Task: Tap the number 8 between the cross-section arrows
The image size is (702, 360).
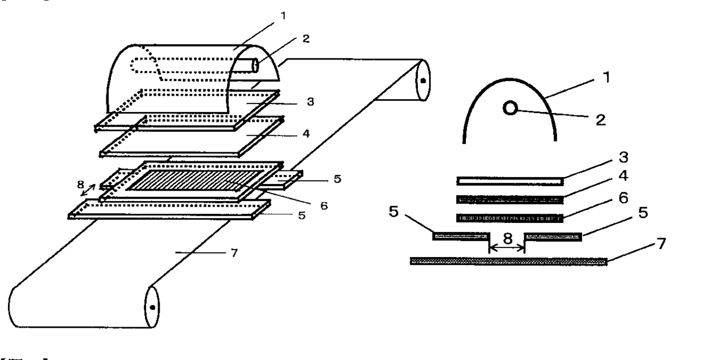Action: [506, 239]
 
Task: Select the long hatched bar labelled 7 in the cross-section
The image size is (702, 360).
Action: [508, 261]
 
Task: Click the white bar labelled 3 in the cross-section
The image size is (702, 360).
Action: [510, 181]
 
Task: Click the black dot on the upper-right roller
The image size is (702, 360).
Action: [422, 80]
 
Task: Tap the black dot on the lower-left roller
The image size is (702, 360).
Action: [152, 307]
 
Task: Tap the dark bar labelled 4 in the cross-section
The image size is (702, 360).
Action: [510, 200]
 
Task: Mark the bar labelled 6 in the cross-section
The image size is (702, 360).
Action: [510, 218]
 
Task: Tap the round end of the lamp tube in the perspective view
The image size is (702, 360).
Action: [255, 66]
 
